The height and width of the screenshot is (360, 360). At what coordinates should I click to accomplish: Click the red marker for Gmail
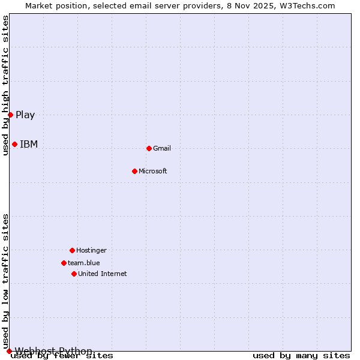tap(149, 148)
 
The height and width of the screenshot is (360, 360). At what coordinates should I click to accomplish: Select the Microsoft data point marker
tap(134, 171)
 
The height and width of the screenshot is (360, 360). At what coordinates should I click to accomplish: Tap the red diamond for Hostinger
tap(72, 250)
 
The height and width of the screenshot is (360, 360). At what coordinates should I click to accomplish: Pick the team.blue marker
tap(64, 263)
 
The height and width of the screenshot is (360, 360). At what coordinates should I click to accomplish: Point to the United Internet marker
tap(74, 274)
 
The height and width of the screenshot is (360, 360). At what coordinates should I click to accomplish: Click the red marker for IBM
tap(14, 144)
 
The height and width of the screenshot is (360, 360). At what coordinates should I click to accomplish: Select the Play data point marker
tap(10, 115)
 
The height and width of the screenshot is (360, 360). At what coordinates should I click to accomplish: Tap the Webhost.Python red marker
tap(9, 351)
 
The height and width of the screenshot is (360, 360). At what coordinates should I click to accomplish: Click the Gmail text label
tap(162, 148)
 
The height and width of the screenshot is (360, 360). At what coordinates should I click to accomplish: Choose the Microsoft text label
tap(153, 171)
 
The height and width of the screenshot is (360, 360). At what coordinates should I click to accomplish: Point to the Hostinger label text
tap(91, 250)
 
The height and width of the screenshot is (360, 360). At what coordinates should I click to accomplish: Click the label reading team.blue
tap(84, 263)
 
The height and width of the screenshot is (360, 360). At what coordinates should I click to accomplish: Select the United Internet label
tap(103, 274)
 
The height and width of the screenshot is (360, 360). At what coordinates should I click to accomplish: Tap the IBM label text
tap(29, 144)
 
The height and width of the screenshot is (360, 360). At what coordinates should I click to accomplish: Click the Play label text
tap(25, 115)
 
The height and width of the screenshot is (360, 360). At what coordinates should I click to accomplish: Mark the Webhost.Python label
tap(53, 351)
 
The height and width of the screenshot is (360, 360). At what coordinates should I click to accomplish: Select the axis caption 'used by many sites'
tap(301, 356)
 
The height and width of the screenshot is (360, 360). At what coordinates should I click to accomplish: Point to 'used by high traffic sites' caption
tap(5, 85)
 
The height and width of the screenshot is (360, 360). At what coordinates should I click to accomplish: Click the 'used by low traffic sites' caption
tap(5, 281)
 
